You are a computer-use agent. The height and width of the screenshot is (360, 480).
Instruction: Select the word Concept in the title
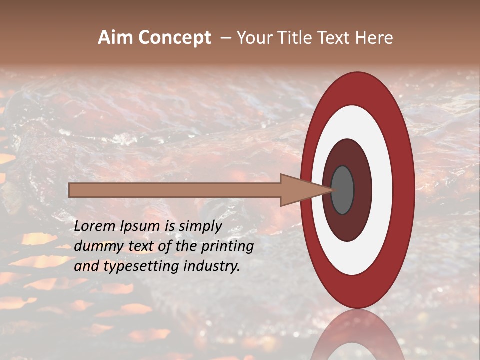[175, 38]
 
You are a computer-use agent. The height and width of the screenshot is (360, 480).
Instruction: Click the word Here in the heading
[374, 38]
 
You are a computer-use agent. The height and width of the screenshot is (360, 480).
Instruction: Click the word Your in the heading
[254, 38]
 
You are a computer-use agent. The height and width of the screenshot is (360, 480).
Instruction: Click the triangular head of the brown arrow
[300, 190]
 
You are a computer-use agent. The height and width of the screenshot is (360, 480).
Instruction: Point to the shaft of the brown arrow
[175, 190]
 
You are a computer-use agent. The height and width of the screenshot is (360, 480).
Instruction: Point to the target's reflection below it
[357, 335]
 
